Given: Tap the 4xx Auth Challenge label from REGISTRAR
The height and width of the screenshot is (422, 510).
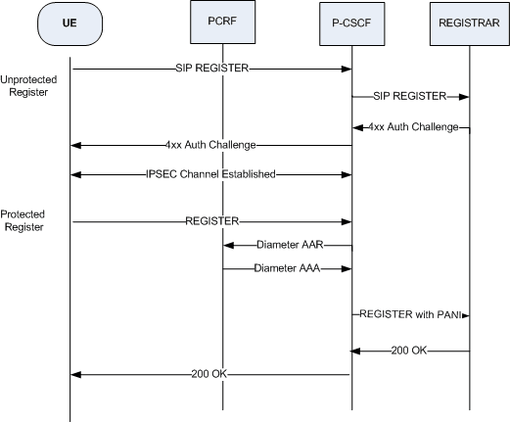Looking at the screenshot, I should [413, 126].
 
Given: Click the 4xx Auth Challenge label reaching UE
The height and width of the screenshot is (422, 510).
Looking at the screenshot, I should [210, 145].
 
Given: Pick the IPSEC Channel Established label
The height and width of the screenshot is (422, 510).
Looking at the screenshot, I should [211, 174].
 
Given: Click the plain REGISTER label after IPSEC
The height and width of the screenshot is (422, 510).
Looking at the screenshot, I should [211, 221].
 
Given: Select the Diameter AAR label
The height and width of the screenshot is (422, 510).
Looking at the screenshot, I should [289, 245].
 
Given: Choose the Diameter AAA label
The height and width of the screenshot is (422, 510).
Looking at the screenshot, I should [287, 266].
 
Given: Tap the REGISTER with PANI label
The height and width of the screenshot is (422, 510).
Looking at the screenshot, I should [409, 314].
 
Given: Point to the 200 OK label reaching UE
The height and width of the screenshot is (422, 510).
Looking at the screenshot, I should [210, 374].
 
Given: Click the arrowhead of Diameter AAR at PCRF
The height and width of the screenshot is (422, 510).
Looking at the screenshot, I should [227, 245].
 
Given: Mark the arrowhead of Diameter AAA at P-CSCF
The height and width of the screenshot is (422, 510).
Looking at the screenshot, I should [347, 266].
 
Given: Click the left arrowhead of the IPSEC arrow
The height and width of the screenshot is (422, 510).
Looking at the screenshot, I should [75, 174].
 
